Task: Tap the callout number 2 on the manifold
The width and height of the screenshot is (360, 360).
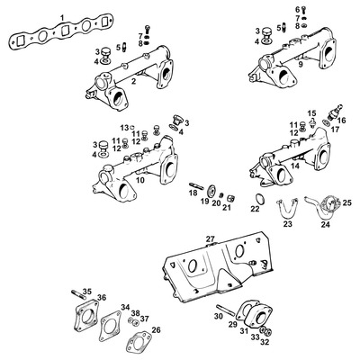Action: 133,82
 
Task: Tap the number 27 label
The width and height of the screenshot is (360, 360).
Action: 211,238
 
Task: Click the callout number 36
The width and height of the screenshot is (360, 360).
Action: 102,298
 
